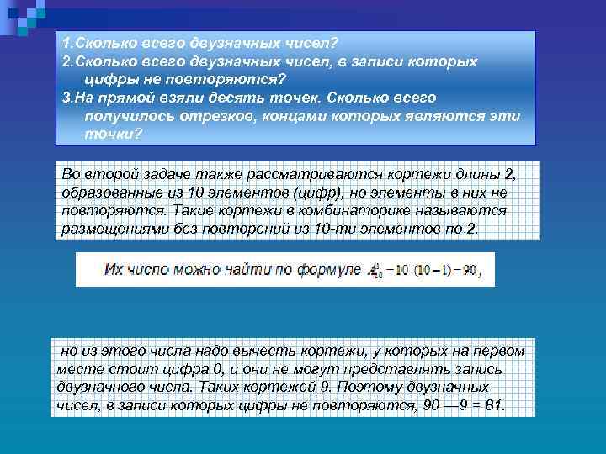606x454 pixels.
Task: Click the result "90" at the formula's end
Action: point(476,270)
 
